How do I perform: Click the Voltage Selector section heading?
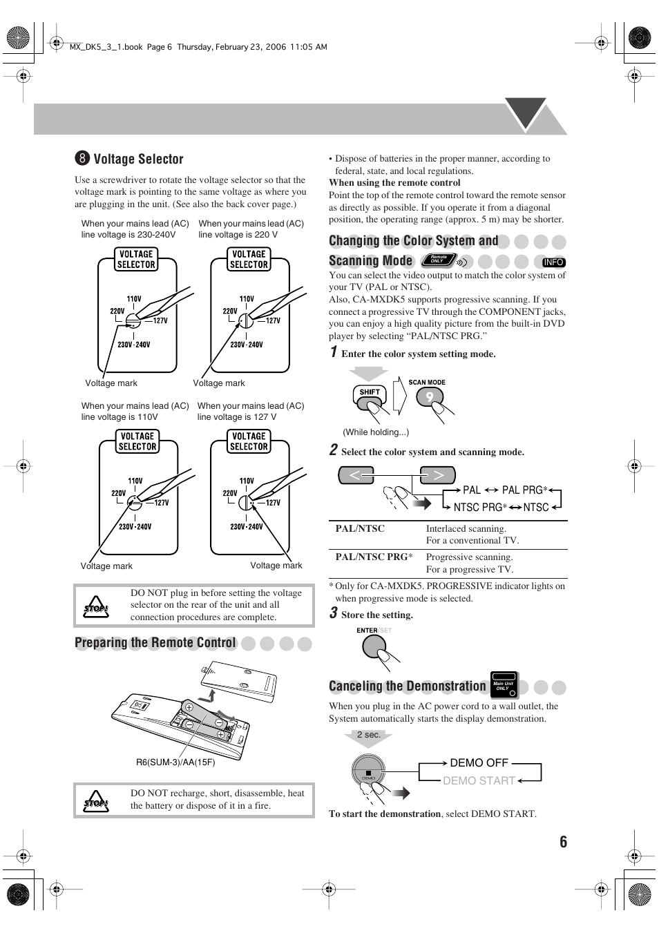tap(137, 160)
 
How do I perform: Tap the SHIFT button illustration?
tap(369, 393)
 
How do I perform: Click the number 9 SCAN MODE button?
tap(428, 397)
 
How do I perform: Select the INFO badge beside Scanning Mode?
tap(554, 262)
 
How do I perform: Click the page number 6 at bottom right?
tap(563, 842)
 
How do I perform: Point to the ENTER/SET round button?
tap(374, 648)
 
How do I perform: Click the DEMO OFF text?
tap(479, 763)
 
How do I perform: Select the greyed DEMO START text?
tap(479, 781)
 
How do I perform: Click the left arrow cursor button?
tap(356, 475)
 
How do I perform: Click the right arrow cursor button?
tap(438, 475)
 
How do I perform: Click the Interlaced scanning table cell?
tap(466, 529)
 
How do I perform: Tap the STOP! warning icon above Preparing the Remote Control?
tap(96, 606)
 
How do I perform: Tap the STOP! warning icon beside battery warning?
tap(96, 800)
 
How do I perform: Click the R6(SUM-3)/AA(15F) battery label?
tap(175, 762)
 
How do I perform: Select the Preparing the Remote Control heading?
tap(155, 644)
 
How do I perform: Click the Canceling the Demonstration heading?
tap(408, 686)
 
